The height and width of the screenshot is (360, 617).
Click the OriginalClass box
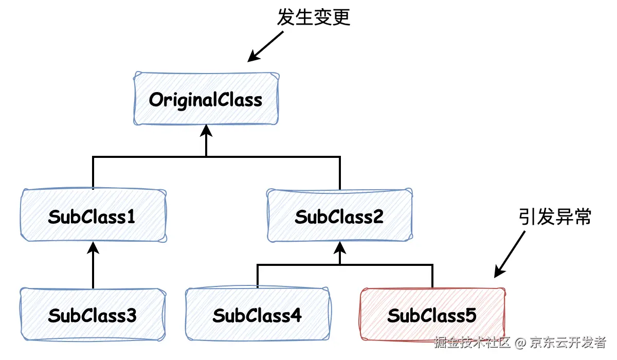[206, 99]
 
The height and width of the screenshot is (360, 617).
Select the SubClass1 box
[93, 216]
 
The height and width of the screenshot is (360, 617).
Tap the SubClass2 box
[339, 216]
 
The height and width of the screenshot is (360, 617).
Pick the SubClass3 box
[93, 315]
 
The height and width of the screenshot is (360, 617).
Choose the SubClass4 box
[257, 315]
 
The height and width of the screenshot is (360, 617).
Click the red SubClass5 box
[432, 315]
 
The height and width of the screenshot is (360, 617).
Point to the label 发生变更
[314, 17]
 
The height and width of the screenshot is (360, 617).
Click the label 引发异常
[555, 217]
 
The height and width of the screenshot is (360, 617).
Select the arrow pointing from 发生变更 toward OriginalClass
[265, 46]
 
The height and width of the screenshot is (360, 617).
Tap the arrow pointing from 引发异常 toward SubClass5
[510, 254]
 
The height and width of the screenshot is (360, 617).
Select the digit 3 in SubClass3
[131, 315]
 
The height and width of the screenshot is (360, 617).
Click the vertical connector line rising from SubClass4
[257, 277]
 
